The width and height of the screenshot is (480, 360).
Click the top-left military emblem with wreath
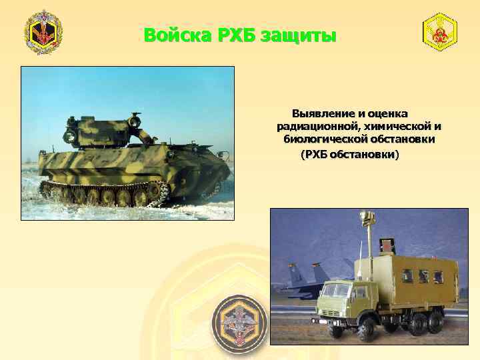(x=43, y=33)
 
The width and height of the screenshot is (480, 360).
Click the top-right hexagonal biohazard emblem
(x=440, y=31)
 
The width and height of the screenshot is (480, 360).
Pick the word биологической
(x=323, y=140)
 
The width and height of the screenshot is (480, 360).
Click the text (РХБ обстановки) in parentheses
(x=351, y=154)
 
